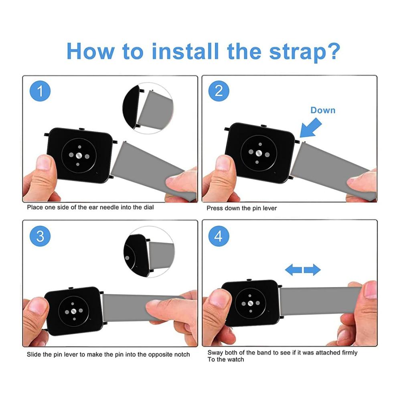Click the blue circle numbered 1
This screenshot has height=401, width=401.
(40, 91)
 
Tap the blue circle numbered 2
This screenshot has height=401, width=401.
(219, 91)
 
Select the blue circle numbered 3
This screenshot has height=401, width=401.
(40, 236)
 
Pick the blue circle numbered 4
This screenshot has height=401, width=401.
(219, 236)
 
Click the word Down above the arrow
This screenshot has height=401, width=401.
(323, 110)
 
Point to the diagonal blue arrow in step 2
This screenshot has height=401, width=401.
(310, 128)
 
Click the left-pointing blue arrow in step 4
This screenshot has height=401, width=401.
(294, 270)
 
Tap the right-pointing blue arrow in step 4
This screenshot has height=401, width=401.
(312, 270)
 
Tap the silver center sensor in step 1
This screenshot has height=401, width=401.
(79, 155)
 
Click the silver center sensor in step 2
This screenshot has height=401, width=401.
(259, 153)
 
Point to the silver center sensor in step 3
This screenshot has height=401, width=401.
(74, 311)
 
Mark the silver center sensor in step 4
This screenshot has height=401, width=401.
(250, 303)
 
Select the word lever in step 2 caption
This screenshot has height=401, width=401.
(269, 208)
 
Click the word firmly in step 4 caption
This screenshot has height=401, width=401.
(350, 353)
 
